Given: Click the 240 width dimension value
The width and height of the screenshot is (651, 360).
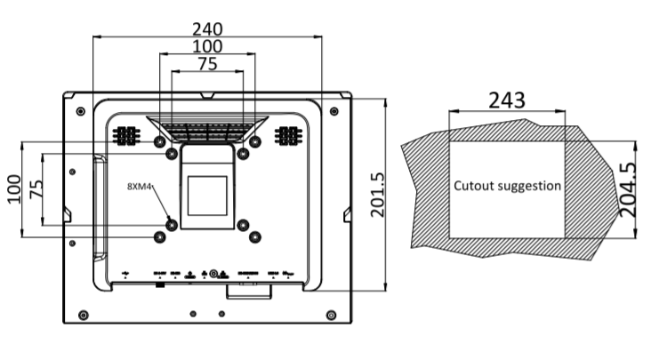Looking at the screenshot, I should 206,28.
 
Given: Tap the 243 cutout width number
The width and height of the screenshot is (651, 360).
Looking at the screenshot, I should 505,100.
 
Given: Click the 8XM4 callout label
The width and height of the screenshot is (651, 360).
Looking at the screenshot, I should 140,187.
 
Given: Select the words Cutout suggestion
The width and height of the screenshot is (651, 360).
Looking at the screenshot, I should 507,187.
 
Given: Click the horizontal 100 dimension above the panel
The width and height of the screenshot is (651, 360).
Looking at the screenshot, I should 206,44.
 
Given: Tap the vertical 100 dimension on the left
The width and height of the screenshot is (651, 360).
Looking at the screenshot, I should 15,188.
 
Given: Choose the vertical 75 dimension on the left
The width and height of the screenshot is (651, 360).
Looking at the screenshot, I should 36,188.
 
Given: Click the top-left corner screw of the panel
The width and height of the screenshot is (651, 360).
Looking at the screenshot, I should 82,111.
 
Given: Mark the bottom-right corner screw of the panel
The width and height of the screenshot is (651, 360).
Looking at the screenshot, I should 332,314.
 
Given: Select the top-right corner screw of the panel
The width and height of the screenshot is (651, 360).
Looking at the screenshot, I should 334,111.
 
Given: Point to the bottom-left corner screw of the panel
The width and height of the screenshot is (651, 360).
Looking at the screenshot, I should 83,314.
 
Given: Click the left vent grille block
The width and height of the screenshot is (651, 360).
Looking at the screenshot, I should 125,136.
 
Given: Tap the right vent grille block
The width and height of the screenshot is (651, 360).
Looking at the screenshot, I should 287,136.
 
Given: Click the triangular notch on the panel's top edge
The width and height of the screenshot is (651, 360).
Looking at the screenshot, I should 206,93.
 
